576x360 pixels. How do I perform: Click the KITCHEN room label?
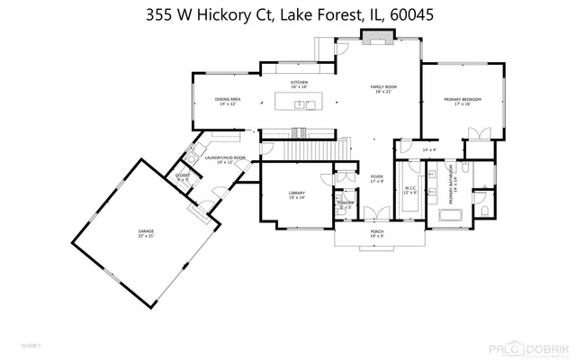(x=299, y=83)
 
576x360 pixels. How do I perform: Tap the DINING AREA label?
(x=227, y=100)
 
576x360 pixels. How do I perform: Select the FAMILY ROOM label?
(x=384, y=87)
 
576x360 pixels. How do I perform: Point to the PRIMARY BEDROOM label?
(x=462, y=100)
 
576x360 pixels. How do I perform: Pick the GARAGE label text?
(x=146, y=231)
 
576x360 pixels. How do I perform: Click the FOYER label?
(x=377, y=177)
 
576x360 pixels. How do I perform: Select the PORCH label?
(x=377, y=231)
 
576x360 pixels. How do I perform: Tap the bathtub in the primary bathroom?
(x=450, y=214)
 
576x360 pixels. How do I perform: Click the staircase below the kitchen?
(x=310, y=134)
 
